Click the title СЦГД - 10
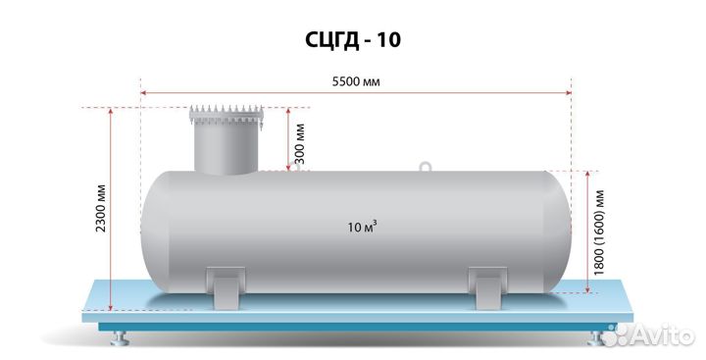pyautogui.click(x=353, y=40)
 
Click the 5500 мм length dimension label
pyautogui.click(x=356, y=81)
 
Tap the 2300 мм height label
pyautogui.click(x=101, y=208)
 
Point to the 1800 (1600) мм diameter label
pyautogui.click(x=598, y=232)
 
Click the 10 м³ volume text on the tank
pyautogui.click(x=362, y=227)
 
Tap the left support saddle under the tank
pyautogui.click(x=226, y=287)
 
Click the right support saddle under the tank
pyautogui.click(x=488, y=287)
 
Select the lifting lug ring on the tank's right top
pyautogui.click(x=425, y=167)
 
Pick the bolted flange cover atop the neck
pyautogui.click(x=226, y=115)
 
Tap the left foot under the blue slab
pyautogui.click(x=120, y=337)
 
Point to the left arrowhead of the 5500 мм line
pyautogui.click(x=143, y=93)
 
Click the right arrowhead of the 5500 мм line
pyautogui.click(x=569, y=93)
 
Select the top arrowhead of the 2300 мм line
pyautogui.click(x=110, y=111)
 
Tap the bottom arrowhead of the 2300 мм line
pyautogui.click(x=110, y=307)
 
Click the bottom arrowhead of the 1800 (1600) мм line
pyautogui.click(x=587, y=289)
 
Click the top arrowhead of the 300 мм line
pyautogui.click(x=288, y=111)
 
